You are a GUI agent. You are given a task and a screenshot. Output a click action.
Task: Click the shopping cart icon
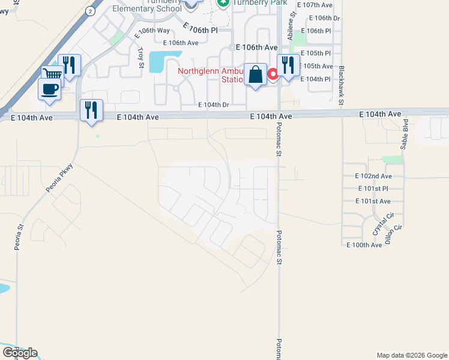click(x=52, y=75)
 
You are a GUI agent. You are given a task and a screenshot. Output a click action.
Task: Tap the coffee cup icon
click(x=49, y=89)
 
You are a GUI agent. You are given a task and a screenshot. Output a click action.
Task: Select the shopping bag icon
click(x=255, y=75)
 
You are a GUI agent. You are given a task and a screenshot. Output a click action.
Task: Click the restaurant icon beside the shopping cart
click(x=70, y=65)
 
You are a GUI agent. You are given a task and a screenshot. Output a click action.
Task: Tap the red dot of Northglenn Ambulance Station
click(x=272, y=74)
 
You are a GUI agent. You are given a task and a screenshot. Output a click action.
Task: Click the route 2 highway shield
click(x=90, y=11)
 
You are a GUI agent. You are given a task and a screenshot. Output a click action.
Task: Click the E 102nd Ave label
click(x=373, y=176)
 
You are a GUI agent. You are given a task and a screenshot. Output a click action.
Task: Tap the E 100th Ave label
click(x=364, y=245)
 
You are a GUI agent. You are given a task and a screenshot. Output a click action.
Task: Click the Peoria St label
click(x=19, y=237)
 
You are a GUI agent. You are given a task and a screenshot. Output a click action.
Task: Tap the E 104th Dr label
click(x=214, y=104)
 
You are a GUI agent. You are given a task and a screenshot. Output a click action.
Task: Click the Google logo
click(x=20, y=353)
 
